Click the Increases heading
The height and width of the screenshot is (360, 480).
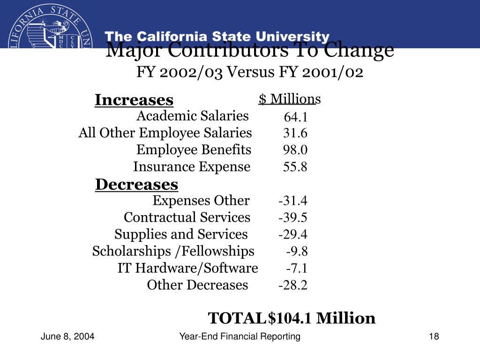pos(134,100)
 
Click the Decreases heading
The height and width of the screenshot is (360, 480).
pos(136,185)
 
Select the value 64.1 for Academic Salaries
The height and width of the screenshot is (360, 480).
pos(295,117)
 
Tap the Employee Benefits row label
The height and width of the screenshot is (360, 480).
pos(194,150)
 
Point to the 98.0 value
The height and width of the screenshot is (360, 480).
pos(295,150)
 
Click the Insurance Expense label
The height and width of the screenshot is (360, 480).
pos(192,167)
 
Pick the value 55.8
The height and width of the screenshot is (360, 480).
pos(295,167)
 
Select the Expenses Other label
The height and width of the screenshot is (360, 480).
pos(201,201)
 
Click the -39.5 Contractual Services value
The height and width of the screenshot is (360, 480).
pos(293,217)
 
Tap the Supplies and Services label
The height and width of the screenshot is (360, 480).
pos(181,234)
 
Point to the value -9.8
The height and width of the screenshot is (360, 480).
pos(297,251)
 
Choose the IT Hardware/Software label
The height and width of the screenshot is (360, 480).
pos(187,268)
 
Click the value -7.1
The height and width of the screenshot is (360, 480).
pos(297,268)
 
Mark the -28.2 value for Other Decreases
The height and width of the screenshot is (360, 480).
pos(293,285)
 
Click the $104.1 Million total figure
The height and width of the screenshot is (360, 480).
pos(321,318)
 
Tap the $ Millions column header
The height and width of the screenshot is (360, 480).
pos(289,99)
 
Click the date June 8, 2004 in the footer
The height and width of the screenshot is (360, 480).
pos(67,337)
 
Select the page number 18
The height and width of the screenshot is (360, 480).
pos(433,337)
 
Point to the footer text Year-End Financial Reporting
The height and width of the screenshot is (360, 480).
pos(240,337)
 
